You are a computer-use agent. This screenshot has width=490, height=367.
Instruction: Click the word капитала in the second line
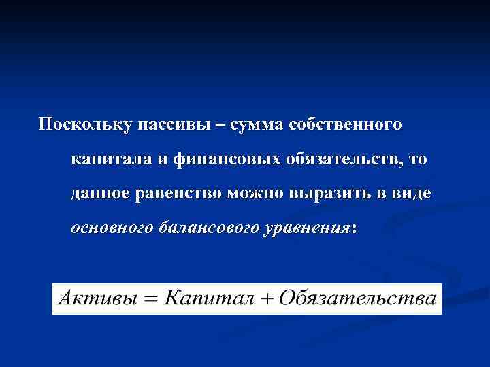point(106,160)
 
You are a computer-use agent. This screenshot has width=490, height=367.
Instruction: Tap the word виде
point(411,194)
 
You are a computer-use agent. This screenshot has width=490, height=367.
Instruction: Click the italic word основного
point(112,228)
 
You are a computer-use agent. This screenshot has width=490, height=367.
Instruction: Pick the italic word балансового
point(207,228)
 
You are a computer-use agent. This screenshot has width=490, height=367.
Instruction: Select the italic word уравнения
point(306,228)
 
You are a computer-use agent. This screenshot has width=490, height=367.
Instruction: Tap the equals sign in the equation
point(152,300)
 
